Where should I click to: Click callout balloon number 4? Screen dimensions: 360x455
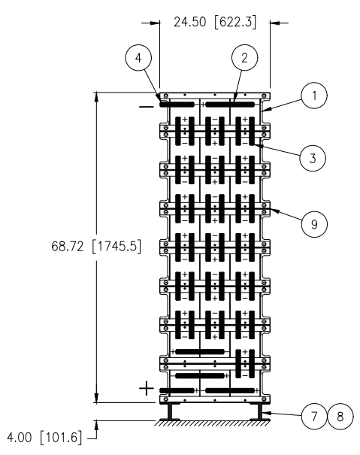point(138,57)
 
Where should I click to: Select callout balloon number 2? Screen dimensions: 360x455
point(244,57)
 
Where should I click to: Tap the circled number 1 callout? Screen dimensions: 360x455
point(314,96)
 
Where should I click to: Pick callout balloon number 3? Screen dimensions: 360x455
point(313,158)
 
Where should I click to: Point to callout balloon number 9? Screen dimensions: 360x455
point(314,224)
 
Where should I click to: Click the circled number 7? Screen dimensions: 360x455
point(314,416)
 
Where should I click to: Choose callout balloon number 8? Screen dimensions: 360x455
point(340,416)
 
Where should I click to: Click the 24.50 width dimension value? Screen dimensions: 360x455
point(190,22)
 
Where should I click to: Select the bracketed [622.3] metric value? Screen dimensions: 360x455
point(235,23)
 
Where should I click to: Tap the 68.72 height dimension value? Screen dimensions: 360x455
point(68,247)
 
